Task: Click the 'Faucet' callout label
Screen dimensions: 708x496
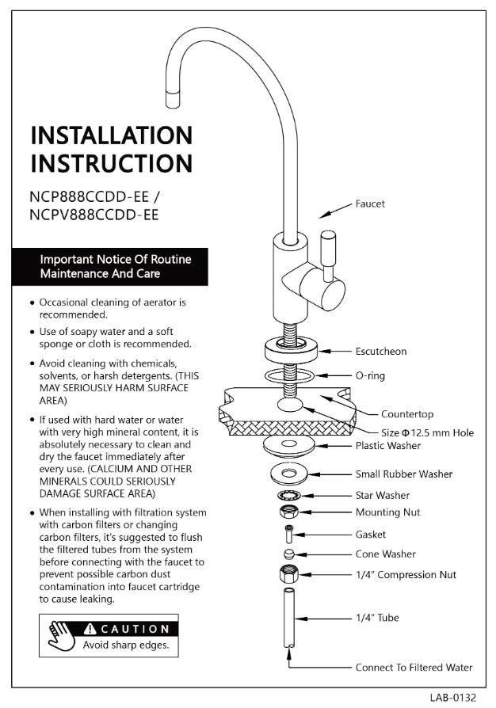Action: pyautogui.click(x=370, y=204)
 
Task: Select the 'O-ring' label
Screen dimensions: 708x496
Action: pyautogui.click(x=370, y=375)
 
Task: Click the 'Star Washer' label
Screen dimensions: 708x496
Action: pyautogui.click(x=383, y=496)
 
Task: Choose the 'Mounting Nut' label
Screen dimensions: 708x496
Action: pyautogui.click(x=387, y=512)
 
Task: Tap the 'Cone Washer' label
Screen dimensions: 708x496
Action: pyautogui.click(x=385, y=554)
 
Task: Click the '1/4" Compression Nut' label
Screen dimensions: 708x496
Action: pyautogui.click(x=406, y=575)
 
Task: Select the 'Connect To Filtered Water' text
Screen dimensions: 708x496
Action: pyautogui.click(x=414, y=668)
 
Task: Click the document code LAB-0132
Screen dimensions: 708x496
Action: pyautogui.click(x=453, y=698)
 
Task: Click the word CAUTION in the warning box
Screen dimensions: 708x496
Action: pyautogui.click(x=133, y=629)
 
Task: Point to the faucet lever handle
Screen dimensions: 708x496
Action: pyautogui.click(x=326, y=253)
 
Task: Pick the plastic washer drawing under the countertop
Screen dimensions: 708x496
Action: pyautogui.click(x=291, y=446)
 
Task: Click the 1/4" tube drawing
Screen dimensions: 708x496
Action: pyautogui.click(x=287, y=618)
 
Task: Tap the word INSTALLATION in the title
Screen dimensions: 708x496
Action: pyautogui.click(x=111, y=135)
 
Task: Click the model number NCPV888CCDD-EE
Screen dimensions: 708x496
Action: pyautogui.click(x=94, y=214)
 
